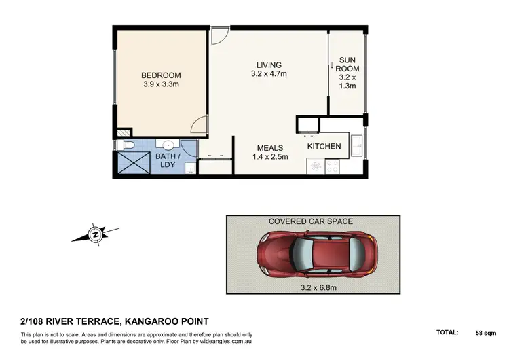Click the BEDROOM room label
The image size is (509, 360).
pos(162,75)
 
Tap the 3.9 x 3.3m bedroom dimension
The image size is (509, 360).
pos(162,85)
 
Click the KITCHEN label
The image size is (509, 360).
pos(323,146)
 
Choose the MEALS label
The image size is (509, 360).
pos(269,147)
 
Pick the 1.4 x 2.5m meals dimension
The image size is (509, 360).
pos(269,157)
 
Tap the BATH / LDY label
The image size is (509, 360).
pos(166,160)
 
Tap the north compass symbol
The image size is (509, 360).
pos(96,235)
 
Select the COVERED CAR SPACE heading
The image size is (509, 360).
pos(311,221)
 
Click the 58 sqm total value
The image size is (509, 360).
pos(486,333)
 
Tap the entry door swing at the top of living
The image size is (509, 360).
pos(218,36)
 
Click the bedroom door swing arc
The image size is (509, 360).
pos(198,124)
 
